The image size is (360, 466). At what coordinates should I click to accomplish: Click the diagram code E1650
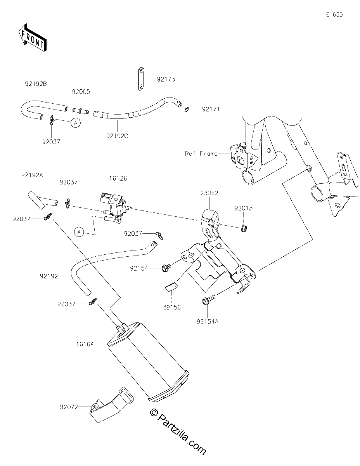[334, 15]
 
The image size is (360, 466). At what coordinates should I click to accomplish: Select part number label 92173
[166, 79]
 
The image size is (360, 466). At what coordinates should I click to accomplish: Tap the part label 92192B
[36, 84]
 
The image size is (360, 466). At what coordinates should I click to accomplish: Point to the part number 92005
[81, 92]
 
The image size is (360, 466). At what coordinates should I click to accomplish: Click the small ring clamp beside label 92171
[187, 110]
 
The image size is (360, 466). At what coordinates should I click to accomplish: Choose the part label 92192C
[117, 136]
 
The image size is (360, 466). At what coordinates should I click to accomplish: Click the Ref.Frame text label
[201, 153]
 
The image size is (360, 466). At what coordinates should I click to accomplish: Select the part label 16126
[118, 178]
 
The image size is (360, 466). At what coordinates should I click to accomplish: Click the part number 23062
[209, 193]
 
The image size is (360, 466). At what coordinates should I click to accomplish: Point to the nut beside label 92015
[243, 229]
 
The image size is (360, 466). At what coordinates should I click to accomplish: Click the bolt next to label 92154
[166, 267]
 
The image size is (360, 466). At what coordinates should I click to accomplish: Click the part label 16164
[85, 344]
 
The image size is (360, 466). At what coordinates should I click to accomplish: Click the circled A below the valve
[79, 232]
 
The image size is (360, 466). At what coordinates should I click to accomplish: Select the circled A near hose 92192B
[76, 123]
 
